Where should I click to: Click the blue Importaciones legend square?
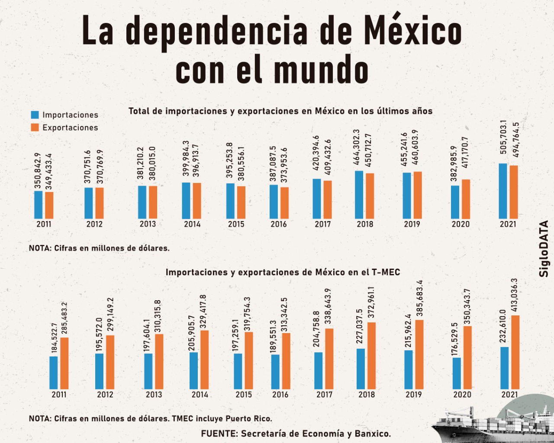[x=35, y=115]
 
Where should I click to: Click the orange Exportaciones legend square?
[x=35, y=127]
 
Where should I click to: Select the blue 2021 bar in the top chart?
[x=503, y=191]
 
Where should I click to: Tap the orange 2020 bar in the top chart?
[x=466, y=199]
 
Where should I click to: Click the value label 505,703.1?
[x=503, y=137]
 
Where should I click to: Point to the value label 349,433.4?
[x=49, y=171]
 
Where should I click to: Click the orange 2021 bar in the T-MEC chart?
[x=515, y=352]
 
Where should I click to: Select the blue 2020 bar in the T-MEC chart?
[x=457, y=373]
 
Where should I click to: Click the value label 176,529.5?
[x=455, y=338]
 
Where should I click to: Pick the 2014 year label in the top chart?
[x=192, y=224]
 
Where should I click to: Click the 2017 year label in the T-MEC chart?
[x=324, y=395]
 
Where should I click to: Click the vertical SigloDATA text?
[x=544, y=249]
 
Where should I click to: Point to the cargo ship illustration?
[x=489, y=426]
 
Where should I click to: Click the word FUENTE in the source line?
[x=219, y=433]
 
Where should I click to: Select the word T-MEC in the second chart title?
[x=385, y=272]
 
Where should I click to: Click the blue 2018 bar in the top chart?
[x=359, y=195]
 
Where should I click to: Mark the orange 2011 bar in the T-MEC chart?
[x=64, y=363]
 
